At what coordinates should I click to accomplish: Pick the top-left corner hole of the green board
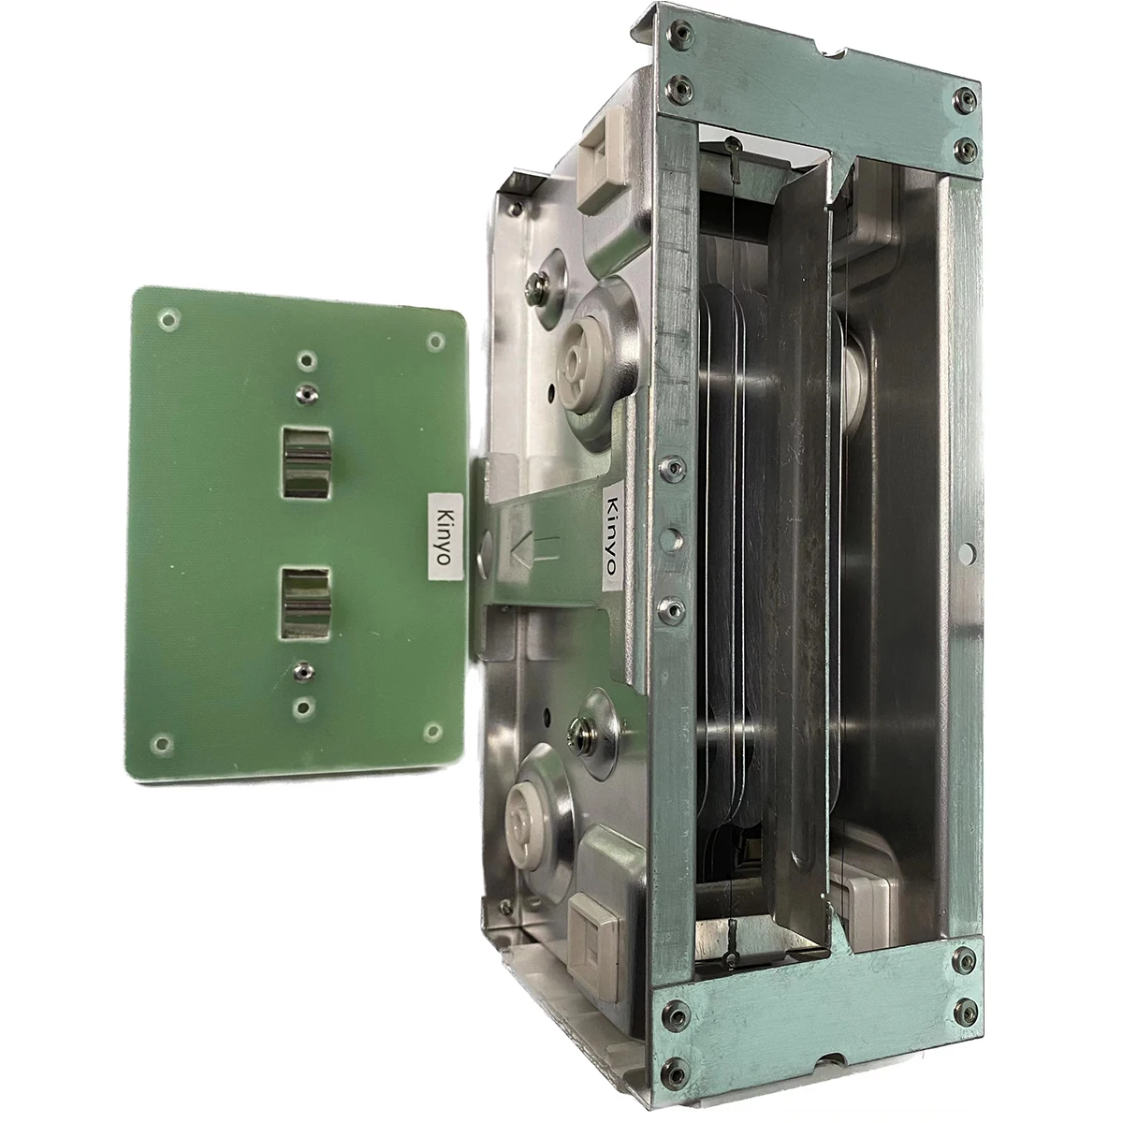tap(168, 320)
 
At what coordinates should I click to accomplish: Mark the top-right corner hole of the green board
tap(434, 343)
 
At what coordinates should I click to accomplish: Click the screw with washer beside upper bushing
tap(537, 282)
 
